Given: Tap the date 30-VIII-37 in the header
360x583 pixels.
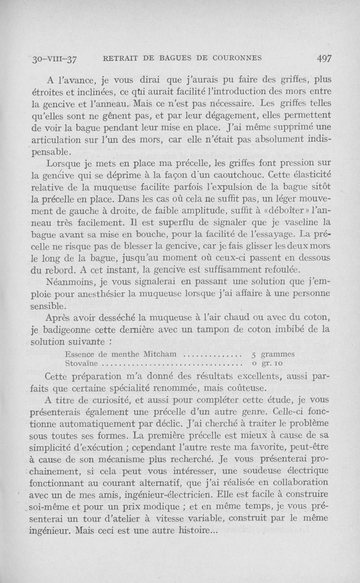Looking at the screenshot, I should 51,59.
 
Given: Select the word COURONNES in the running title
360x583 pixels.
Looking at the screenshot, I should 236,58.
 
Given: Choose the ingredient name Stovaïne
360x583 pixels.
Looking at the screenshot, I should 83,363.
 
